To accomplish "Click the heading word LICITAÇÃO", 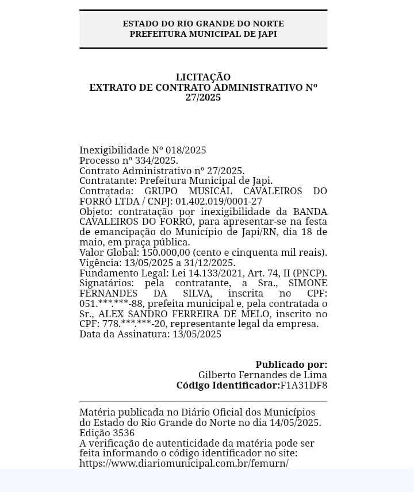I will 203,77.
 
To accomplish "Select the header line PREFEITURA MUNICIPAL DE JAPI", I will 203,34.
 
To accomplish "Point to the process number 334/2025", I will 156,160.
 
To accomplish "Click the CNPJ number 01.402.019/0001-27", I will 218,201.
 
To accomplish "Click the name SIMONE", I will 308,283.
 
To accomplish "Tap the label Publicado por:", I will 291,364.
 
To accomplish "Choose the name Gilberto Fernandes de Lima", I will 262,375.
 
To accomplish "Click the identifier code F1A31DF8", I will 303,385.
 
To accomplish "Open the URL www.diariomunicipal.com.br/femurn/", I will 184,463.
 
